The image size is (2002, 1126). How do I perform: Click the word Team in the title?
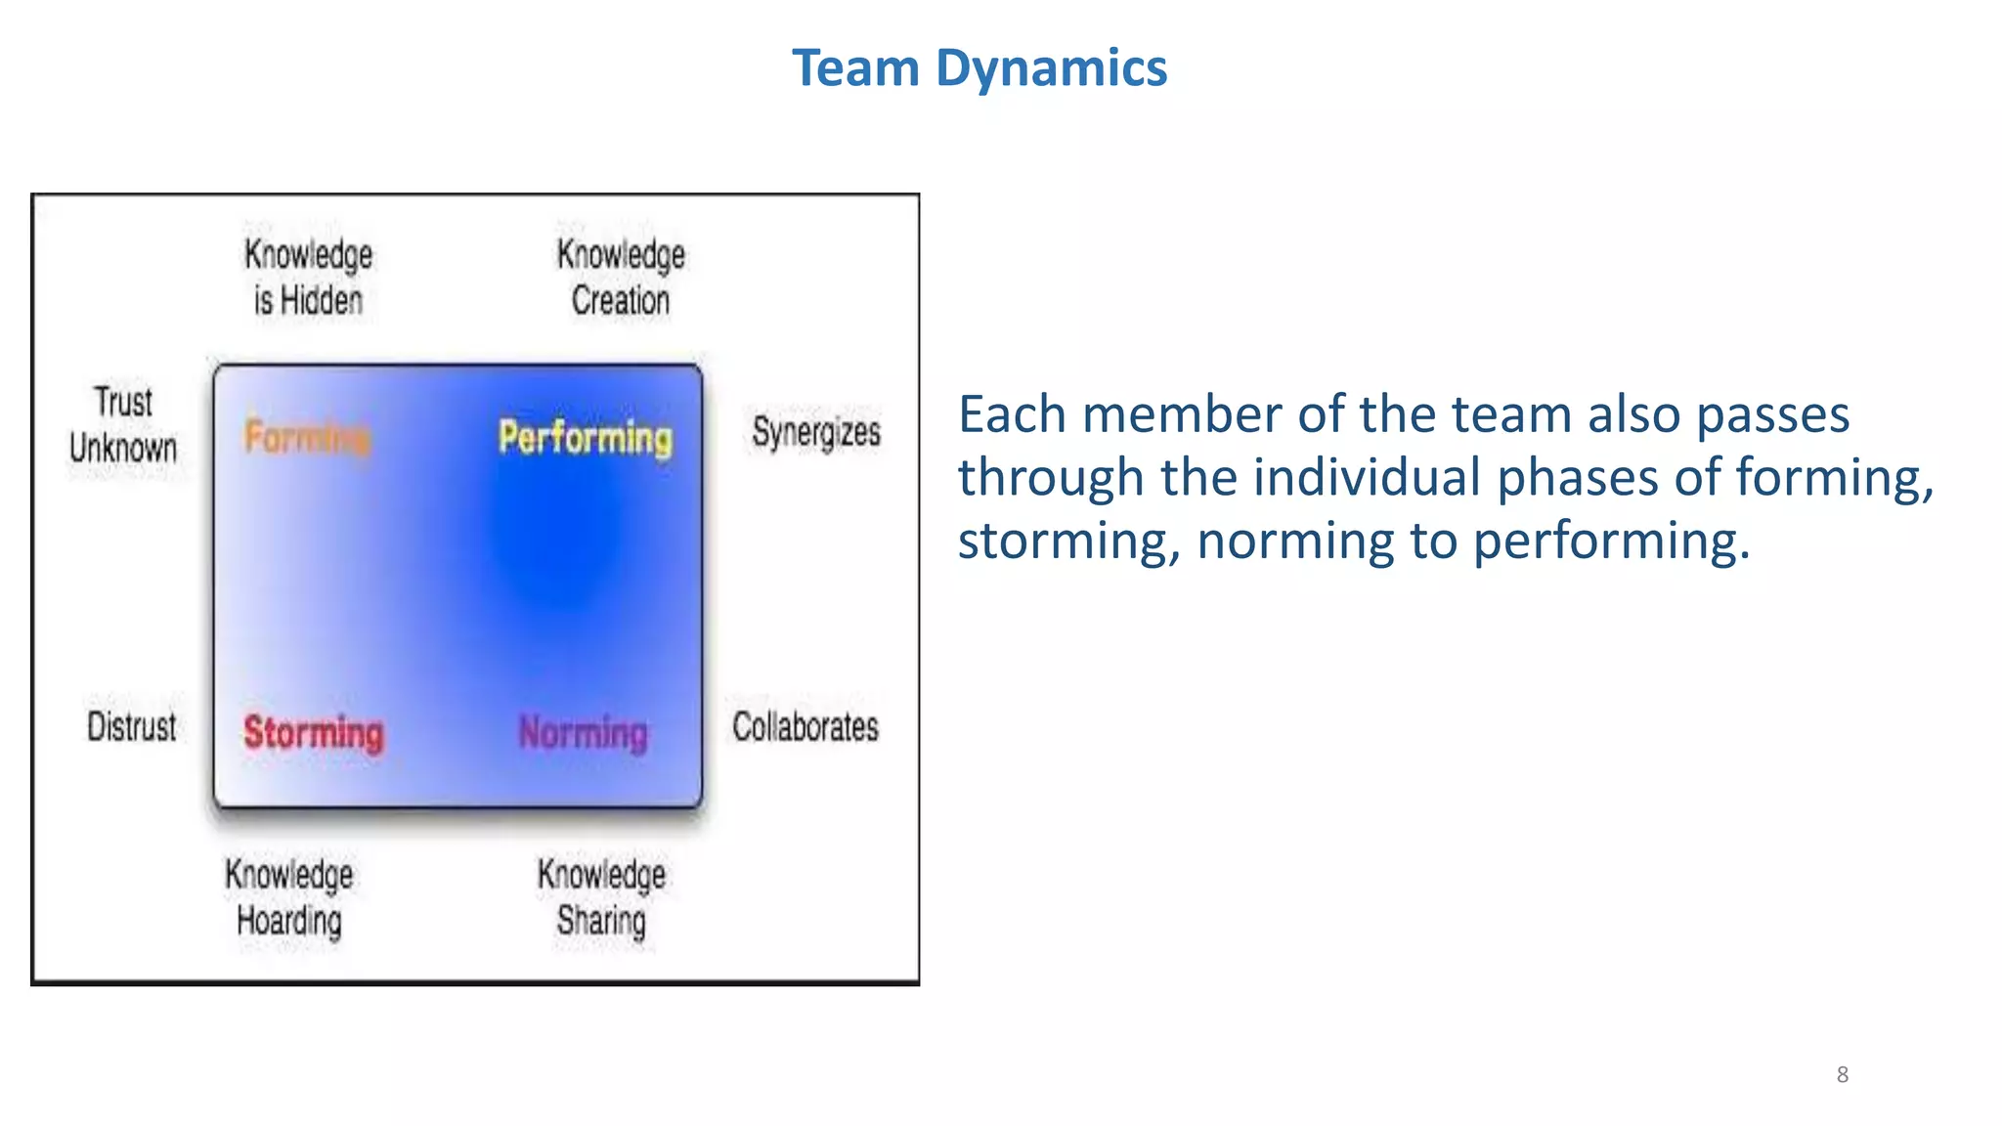click(x=855, y=68)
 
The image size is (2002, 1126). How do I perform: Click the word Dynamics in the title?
click(x=1051, y=68)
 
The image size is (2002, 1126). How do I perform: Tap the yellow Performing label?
click(x=586, y=437)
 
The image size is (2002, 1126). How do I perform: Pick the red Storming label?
click(x=314, y=733)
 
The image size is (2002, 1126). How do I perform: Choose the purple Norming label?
click(x=584, y=733)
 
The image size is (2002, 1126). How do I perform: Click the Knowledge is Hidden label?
click(x=308, y=278)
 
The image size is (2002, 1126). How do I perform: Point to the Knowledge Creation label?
click(x=621, y=278)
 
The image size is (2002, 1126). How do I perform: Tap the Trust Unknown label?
click(x=123, y=425)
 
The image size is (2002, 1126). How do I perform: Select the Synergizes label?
click(x=816, y=432)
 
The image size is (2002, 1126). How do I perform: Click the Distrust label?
click(x=132, y=727)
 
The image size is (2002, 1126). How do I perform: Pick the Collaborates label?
click(x=805, y=727)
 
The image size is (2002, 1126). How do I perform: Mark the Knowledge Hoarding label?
click(x=289, y=897)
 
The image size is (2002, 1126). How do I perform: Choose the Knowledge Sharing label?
click(x=601, y=897)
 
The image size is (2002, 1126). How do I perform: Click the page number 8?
click(x=1843, y=1075)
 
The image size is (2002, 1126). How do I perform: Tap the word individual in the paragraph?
click(x=1369, y=478)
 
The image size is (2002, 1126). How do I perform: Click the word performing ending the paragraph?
click(x=1610, y=541)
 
